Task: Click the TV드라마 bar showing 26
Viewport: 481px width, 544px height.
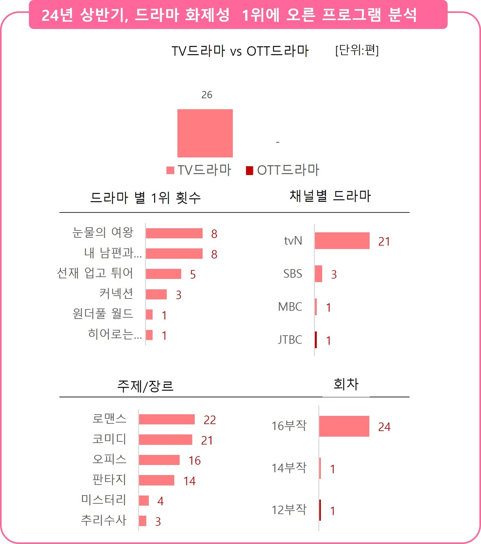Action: click(205, 133)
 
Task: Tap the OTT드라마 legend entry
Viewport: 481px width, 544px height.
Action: click(283, 170)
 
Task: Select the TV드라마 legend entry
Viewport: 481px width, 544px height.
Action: click(199, 170)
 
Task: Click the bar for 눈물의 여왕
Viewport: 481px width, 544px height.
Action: click(174, 233)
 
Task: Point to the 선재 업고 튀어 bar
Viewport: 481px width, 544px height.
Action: click(163, 274)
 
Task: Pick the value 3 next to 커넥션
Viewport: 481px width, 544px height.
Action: click(178, 295)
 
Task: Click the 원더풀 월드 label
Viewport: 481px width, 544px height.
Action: click(103, 314)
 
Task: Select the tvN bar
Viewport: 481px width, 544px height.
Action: click(342, 241)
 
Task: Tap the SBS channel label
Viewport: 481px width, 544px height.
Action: click(293, 274)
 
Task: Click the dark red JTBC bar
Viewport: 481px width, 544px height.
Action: click(316, 340)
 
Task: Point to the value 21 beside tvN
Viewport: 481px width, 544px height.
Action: click(384, 241)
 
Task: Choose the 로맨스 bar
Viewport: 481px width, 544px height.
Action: click(167, 420)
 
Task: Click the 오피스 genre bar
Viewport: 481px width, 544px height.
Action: click(159, 460)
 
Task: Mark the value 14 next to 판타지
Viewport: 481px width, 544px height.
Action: click(189, 481)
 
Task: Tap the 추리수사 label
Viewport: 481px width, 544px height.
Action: click(104, 520)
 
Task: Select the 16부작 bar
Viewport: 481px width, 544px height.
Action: click(344, 426)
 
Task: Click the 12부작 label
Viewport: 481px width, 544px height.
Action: click(289, 510)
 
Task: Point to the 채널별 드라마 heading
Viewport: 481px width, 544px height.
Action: click(330, 196)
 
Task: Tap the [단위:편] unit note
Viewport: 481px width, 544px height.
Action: click(357, 50)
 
